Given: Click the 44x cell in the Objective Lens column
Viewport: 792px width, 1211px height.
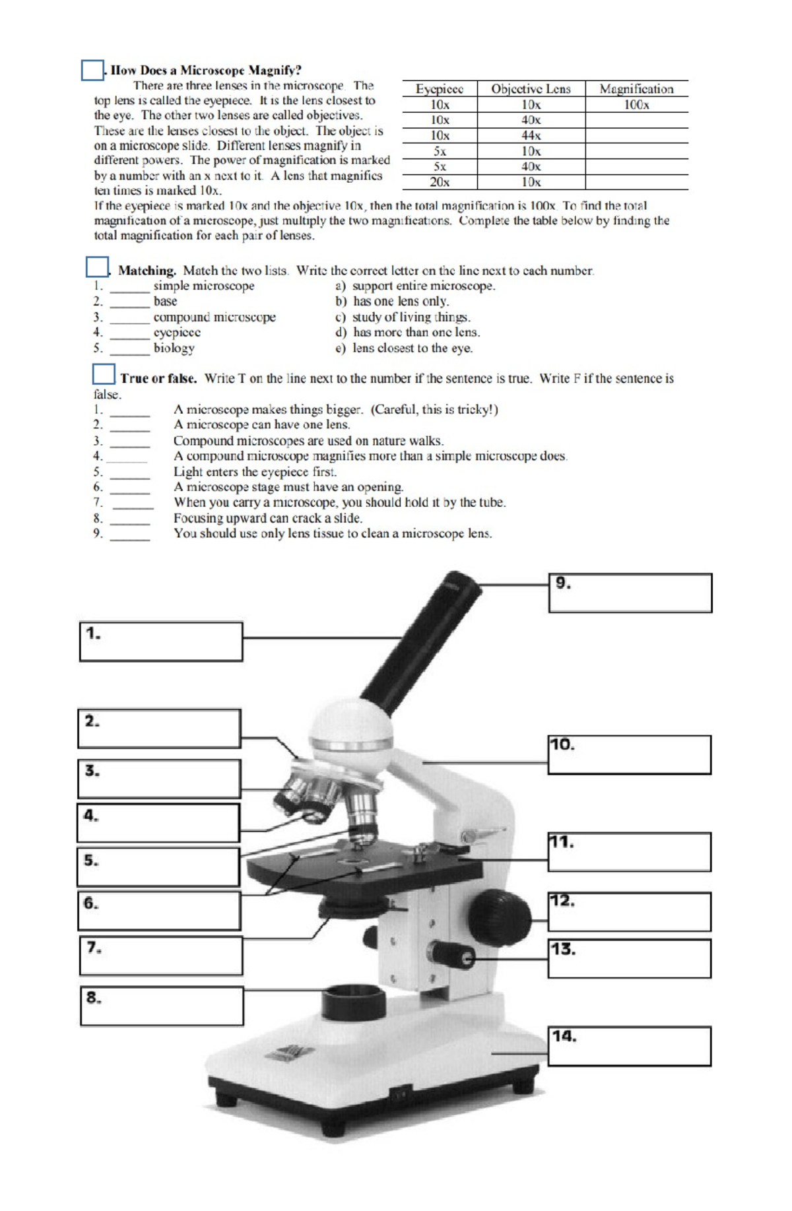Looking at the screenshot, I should pyautogui.click(x=531, y=135).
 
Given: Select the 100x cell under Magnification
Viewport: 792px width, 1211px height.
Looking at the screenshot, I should pyautogui.click(x=636, y=105).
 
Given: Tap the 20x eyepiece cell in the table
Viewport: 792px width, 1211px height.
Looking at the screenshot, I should pyautogui.click(x=440, y=182).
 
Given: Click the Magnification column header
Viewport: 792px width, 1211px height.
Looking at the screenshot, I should pyautogui.click(x=636, y=89).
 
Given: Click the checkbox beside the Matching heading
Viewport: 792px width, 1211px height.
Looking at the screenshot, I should pyautogui.click(x=97, y=267).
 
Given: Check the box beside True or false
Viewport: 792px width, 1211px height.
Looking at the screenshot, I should pyautogui.click(x=104, y=374).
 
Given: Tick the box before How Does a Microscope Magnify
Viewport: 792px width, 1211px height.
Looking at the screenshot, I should pyautogui.click(x=92, y=70).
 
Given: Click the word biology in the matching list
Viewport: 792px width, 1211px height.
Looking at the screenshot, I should pyautogui.click(x=174, y=348).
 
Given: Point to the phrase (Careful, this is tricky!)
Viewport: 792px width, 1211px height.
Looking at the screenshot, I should pyautogui.click(x=434, y=409).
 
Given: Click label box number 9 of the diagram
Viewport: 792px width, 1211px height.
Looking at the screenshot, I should pyautogui.click(x=630, y=593).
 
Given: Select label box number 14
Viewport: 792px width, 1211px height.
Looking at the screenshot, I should pyautogui.click(x=630, y=1045).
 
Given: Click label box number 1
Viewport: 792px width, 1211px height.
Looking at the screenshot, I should pyautogui.click(x=161, y=641).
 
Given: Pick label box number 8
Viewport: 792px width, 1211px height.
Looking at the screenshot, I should pyautogui.click(x=162, y=1006).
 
